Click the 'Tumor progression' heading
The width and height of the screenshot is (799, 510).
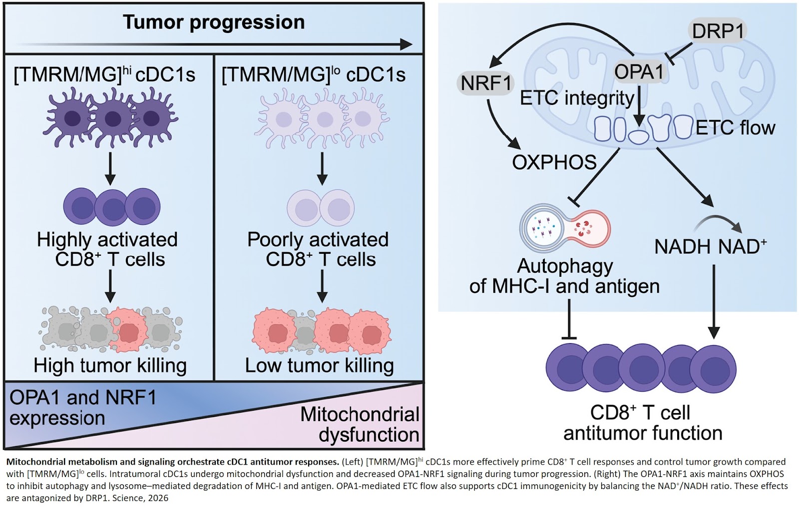[x=214, y=22]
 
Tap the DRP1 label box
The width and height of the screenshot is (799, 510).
[x=718, y=31]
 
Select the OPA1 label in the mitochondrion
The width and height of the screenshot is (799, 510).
[x=639, y=72]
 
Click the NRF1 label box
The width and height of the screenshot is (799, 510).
[x=486, y=83]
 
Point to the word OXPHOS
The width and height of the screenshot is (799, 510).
[x=554, y=162]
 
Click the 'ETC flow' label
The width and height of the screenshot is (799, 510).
[x=735, y=128]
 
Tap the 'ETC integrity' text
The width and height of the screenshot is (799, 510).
[x=577, y=98]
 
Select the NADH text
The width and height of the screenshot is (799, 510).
[x=682, y=247]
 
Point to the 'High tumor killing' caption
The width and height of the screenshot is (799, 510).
[x=110, y=366]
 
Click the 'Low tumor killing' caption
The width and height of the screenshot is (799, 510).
[x=319, y=366]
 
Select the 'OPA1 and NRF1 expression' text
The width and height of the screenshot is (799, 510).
[x=82, y=408]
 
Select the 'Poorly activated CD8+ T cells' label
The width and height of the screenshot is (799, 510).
[x=318, y=249]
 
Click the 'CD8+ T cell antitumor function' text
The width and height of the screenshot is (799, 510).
[x=642, y=423]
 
